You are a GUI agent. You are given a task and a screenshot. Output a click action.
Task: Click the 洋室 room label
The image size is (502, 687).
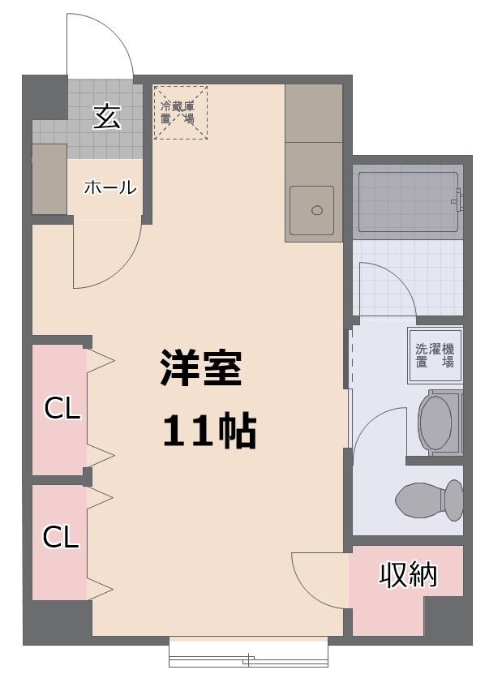coord(200,370)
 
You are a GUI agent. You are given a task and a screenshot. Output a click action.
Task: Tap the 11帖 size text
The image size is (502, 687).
coord(209,432)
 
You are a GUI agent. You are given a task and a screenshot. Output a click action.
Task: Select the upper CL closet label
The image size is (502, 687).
coord(62,409)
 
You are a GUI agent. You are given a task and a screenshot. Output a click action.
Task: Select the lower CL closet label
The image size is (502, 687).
coord(61,536)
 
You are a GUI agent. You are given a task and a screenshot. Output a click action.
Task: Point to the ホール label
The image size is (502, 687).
coord(109,187)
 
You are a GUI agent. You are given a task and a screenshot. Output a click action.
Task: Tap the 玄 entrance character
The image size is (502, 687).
coord(106,117)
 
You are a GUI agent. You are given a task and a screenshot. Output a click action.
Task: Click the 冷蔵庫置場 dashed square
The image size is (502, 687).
coord(180,112)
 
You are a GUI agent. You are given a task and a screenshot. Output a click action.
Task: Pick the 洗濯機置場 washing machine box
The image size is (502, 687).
coord(435,355)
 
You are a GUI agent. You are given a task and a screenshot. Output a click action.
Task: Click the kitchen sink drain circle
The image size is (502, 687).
coord(317,211)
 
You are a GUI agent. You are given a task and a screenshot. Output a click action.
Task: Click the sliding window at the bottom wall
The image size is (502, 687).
coord(249,652)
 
